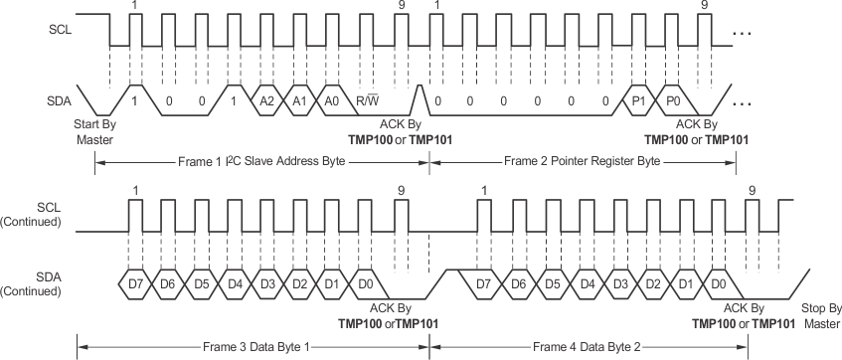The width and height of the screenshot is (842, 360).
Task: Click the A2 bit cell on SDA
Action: click(266, 101)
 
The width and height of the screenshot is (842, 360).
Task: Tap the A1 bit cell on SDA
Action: click(300, 101)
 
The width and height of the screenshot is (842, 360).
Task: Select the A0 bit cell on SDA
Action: click(333, 101)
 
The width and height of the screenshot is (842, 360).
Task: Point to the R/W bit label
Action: click(368, 101)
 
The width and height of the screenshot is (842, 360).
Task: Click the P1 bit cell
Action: click(638, 101)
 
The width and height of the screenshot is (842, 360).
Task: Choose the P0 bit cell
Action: click(672, 101)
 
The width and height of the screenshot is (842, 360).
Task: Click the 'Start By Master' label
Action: click(95, 131)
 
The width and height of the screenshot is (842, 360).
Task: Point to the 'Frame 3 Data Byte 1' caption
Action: click(253, 346)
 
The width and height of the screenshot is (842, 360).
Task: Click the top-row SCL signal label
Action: click(60, 30)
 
